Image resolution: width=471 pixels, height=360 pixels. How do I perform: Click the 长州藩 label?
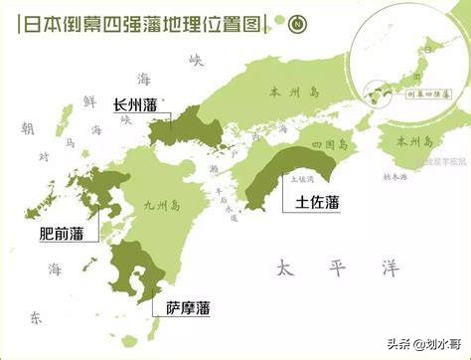pyautogui.click(x=135, y=101)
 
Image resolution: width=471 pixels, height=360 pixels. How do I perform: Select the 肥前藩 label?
pyautogui.click(x=61, y=237)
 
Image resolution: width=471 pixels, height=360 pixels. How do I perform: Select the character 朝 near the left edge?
pyautogui.click(x=28, y=129)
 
